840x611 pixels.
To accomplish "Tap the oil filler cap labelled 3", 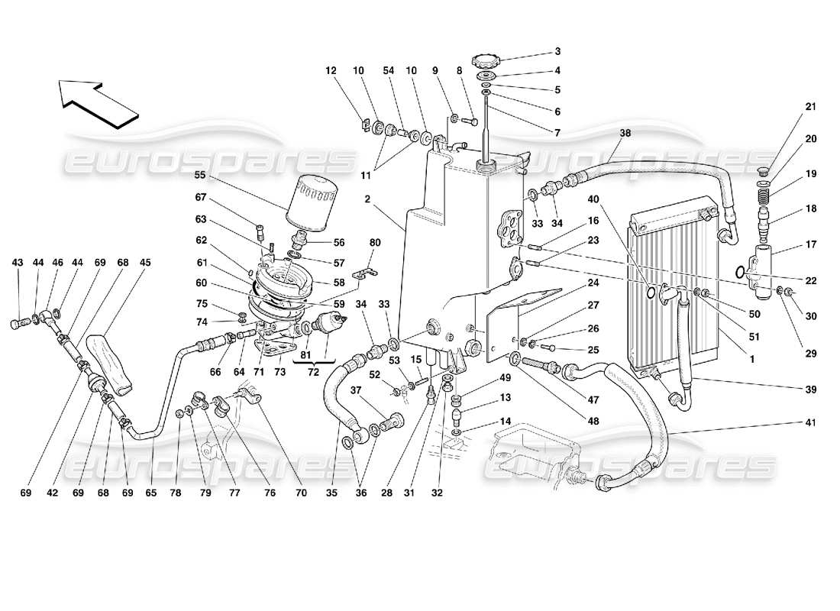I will (x=484, y=60).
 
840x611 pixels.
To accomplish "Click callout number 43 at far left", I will (x=18, y=262).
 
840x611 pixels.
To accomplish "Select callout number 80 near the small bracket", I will (x=375, y=244).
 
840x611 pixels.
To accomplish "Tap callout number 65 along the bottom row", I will (x=150, y=493).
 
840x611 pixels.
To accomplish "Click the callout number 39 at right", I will (x=810, y=389).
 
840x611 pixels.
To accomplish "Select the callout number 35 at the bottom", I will (x=332, y=493).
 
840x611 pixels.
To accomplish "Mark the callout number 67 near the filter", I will (x=201, y=197).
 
